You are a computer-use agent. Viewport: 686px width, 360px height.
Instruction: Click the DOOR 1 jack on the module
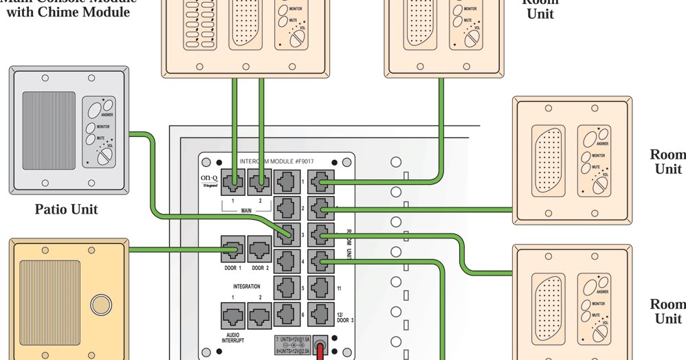232,249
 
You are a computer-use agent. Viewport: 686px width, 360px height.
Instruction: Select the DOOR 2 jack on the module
259,249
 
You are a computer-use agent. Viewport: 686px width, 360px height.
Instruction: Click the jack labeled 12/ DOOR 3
320,314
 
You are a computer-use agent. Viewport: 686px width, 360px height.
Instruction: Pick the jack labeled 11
320,287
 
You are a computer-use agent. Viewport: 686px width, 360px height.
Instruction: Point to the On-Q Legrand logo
210,181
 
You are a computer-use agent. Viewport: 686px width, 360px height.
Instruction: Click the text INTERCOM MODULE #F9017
276,162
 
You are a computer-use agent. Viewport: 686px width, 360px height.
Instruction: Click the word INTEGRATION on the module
246,286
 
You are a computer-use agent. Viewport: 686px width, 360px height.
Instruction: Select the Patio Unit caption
66,210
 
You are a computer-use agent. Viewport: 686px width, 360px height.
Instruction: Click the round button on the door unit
100,304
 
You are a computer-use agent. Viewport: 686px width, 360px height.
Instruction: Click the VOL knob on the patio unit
104,157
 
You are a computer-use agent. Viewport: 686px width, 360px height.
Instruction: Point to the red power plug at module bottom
320,351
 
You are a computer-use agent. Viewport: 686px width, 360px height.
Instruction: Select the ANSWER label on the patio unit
107,115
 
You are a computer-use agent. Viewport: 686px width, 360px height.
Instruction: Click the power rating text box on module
293,344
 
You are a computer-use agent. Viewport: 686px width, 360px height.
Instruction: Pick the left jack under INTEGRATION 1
232,315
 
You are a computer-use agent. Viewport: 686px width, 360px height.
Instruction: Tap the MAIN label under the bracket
246,211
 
